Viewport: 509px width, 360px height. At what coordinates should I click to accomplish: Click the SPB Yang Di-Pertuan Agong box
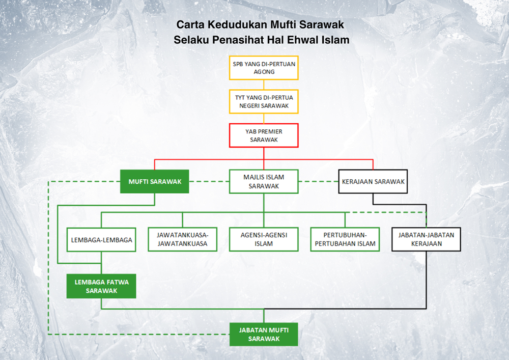[264, 68]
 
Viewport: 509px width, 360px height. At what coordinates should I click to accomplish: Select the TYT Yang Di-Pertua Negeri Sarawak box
[264, 102]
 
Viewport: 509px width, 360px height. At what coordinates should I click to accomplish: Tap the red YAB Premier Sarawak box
[264, 135]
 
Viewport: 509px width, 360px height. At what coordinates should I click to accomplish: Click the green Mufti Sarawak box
[155, 181]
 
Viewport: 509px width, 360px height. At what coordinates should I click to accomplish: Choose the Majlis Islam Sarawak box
[264, 181]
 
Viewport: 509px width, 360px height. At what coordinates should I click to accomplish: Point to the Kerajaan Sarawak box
[373, 181]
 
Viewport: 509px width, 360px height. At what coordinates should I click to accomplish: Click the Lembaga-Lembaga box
[101, 239]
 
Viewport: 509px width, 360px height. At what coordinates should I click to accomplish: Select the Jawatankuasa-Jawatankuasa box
[182, 239]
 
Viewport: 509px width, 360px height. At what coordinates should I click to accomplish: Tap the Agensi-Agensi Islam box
[264, 239]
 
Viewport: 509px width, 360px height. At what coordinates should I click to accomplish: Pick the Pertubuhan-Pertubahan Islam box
[345, 239]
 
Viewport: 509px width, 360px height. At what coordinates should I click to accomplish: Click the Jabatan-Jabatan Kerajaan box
[426, 239]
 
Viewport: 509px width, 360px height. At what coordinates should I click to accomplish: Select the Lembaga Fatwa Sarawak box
[101, 286]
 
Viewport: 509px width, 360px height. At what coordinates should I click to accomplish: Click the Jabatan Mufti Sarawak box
[264, 335]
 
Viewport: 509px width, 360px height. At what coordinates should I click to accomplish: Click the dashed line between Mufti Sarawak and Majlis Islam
[209, 181]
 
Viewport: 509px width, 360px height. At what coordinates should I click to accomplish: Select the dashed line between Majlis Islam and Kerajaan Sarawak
[319, 181]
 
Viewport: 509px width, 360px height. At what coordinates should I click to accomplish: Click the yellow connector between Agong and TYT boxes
[264, 85]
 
